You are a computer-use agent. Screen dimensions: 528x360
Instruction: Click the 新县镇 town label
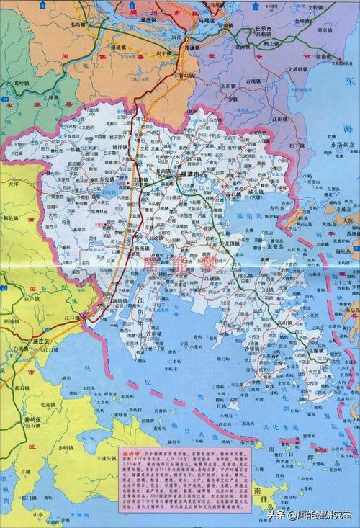pos(15,218)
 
